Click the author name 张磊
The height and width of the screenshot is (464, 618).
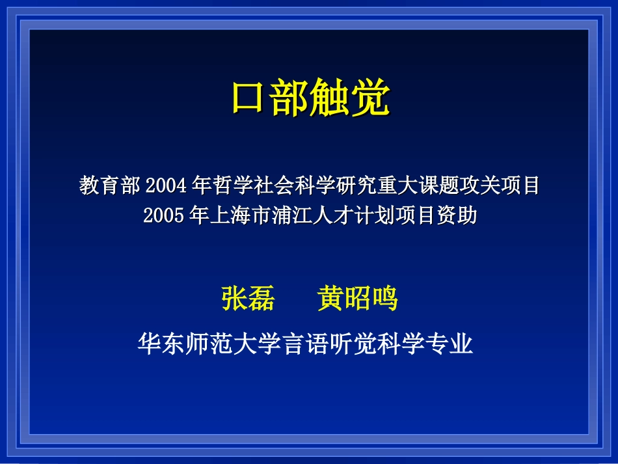point(248,299)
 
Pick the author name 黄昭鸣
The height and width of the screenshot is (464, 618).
point(357,299)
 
